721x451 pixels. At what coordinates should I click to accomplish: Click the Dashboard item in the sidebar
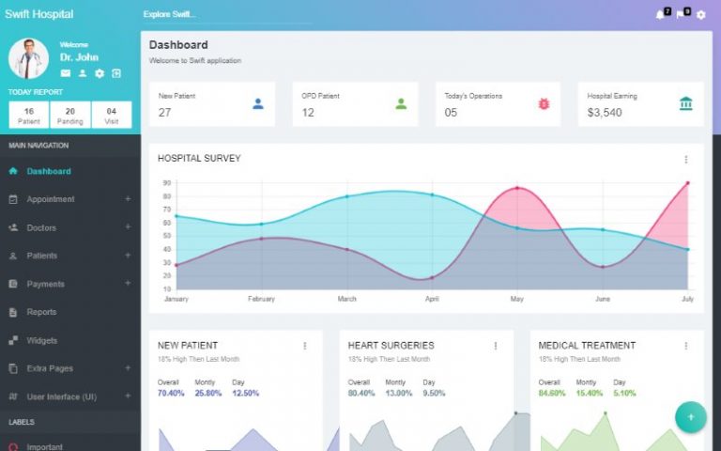(48, 171)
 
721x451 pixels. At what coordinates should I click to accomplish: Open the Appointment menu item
(51, 199)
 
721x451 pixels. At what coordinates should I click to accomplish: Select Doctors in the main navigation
(41, 227)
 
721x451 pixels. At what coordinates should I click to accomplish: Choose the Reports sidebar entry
(41, 312)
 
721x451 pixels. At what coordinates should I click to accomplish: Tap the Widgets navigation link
(42, 340)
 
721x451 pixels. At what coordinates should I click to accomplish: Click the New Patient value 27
(164, 113)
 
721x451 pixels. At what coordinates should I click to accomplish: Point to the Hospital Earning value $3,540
(605, 113)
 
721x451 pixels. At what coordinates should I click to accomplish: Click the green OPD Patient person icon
(401, 103)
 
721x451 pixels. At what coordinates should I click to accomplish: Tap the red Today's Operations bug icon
(544, 103)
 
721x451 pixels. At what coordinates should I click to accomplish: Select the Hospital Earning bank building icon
(686, 103)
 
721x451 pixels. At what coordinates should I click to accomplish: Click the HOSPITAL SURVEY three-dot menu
(685, 160)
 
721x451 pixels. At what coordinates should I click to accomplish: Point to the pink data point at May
(517, 189)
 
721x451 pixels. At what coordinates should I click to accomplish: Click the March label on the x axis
(346, 299)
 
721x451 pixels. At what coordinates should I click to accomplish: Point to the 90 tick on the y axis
(166, 183)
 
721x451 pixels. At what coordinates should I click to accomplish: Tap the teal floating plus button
(691, 416)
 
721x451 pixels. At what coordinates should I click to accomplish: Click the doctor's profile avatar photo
(29, 58)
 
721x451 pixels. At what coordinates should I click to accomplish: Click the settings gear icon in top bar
(700, 15)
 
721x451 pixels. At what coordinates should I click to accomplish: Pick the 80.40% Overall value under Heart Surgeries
(361, 393)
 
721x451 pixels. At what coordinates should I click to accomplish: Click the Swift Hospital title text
(38, 14)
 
